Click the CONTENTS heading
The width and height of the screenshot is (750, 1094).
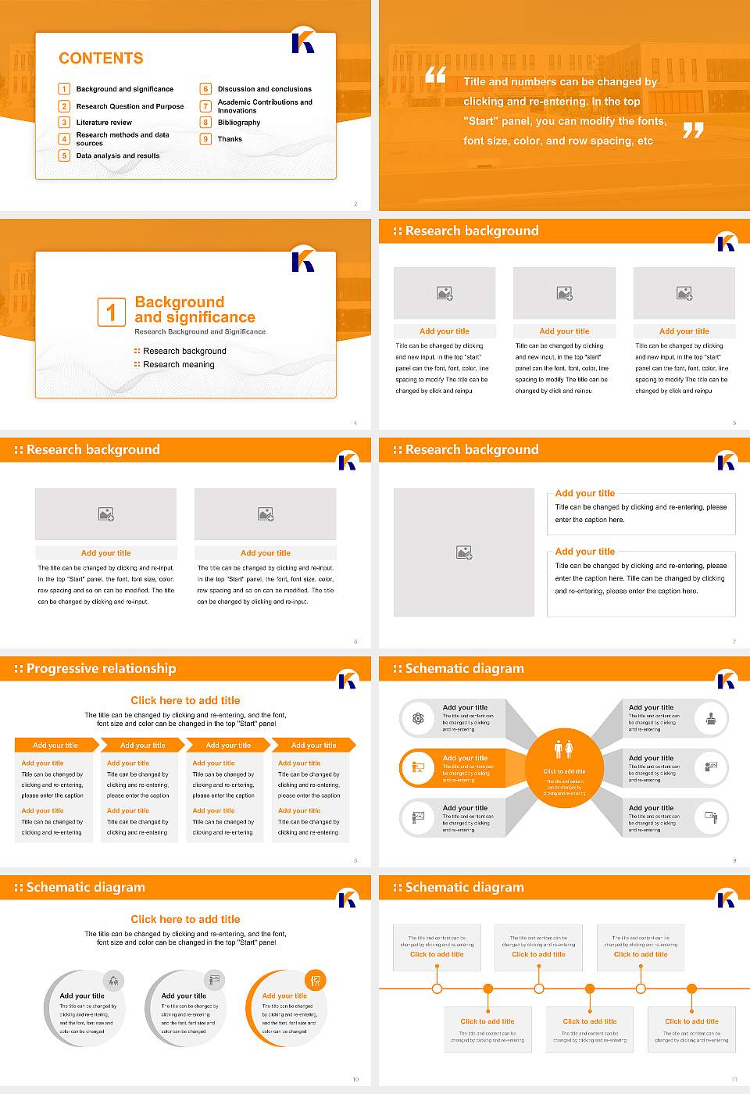[101, 58]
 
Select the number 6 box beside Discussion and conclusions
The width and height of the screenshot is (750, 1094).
[206, 89]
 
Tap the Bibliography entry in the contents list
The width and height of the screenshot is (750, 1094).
[238, 123]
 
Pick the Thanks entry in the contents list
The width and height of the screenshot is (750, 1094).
[230, 139]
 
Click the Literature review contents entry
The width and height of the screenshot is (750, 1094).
[104, 123]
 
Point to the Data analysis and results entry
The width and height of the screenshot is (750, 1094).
[117, 156]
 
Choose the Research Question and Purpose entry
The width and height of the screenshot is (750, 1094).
[130, 106]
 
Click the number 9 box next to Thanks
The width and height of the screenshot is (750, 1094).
[206, 139]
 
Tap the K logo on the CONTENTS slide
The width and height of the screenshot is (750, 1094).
[303, 41]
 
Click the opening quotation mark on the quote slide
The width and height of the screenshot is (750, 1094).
[435, 75]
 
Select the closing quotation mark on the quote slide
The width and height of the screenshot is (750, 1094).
[693, 130]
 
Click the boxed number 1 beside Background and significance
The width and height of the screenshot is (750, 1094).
[111, 312]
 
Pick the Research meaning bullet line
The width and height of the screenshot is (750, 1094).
[178, 365]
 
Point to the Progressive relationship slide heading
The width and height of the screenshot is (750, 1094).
[101, 669]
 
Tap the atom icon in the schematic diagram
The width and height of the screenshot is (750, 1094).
[418, 718]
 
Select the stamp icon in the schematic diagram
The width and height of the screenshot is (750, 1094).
[710, 718]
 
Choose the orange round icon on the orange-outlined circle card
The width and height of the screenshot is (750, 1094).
[315, 980]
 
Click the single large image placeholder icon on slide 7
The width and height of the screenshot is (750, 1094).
[464, 552]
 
